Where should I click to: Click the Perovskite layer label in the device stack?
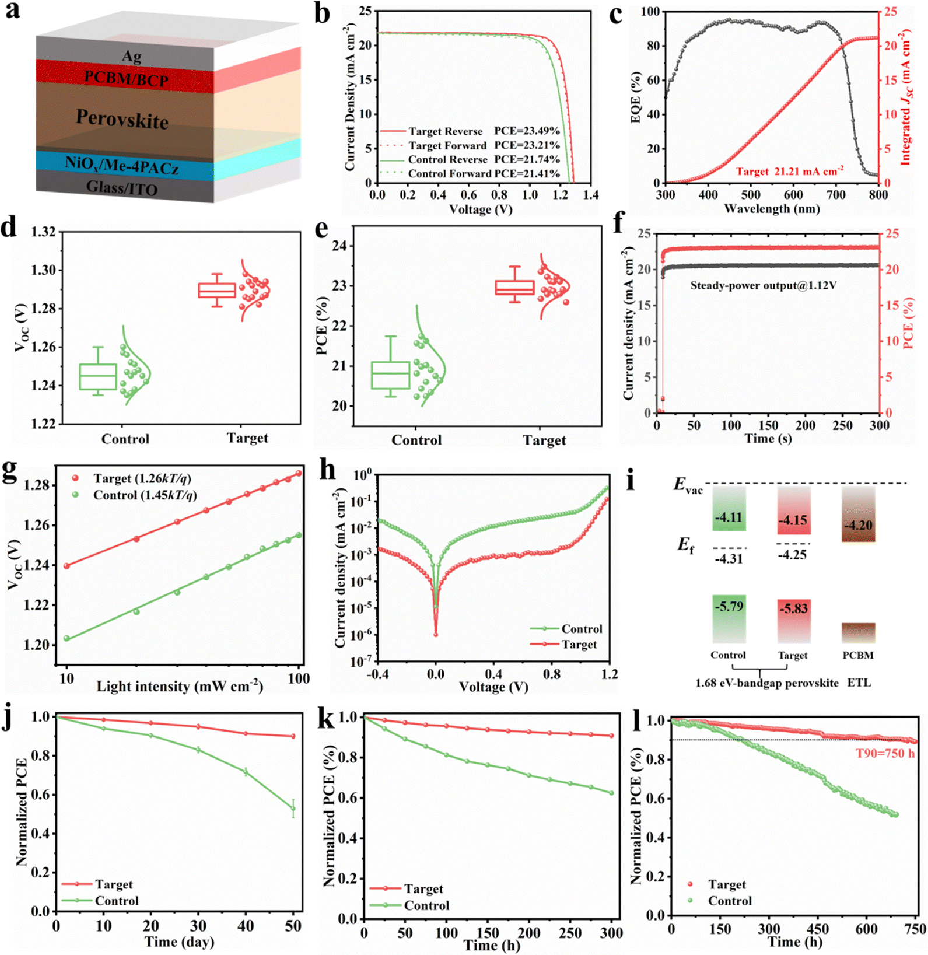coord(122,119)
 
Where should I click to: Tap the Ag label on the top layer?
coord(132,57)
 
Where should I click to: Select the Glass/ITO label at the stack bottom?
coord(121,188)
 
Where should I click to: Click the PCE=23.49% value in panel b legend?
coord(527,131)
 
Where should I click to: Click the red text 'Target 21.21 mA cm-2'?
coord(789,172)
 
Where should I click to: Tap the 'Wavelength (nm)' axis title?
coord(771,209)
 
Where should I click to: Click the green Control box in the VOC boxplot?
coord(98,376)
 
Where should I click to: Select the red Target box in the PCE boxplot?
coord(514,288)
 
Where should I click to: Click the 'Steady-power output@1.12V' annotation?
coord(763,285)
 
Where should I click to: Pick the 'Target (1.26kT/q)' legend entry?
coord(142,479)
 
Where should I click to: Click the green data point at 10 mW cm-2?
coord(66,639)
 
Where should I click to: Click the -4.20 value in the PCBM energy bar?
coord(858,525)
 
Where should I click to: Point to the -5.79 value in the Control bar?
coord(729,607)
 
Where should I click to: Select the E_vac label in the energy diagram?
coord(688,485)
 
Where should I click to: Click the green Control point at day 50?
coord(293,809)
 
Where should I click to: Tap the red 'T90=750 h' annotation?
coord(884,754)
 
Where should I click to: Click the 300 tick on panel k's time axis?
coord(611,933)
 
